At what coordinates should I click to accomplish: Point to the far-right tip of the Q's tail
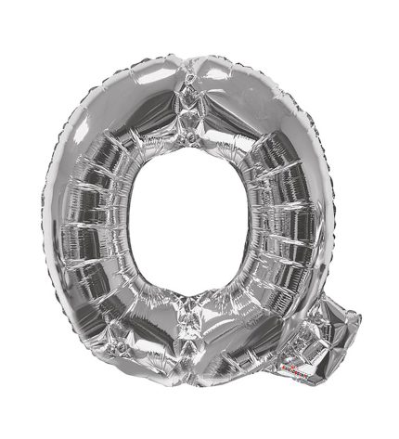(361, 318)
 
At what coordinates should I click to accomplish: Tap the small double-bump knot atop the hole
(187, 139)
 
